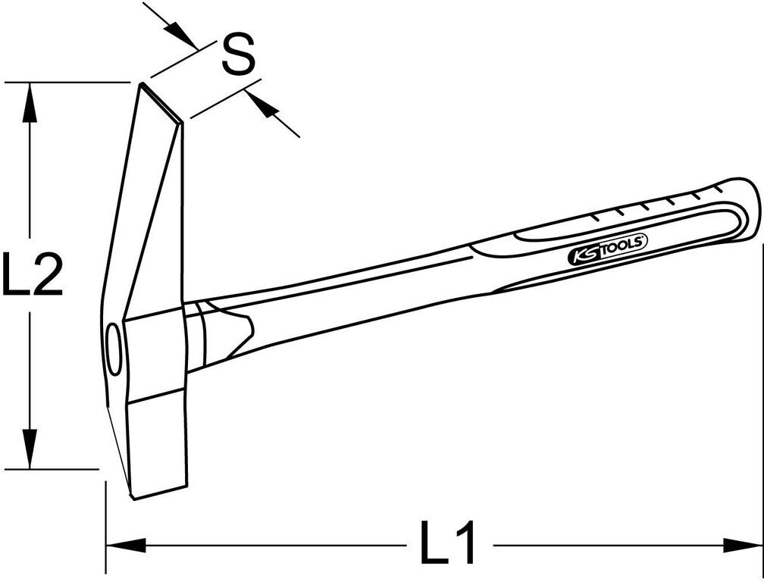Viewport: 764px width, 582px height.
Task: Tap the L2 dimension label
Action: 32,274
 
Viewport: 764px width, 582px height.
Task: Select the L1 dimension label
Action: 447,542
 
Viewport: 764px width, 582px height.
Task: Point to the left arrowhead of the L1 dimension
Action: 126,545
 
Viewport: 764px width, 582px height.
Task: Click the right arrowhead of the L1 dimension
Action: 742,545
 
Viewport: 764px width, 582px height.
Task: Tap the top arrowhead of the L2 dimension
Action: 30,102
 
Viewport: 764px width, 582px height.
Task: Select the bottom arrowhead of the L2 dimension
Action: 30,449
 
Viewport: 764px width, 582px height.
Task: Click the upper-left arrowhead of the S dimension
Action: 180,36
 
